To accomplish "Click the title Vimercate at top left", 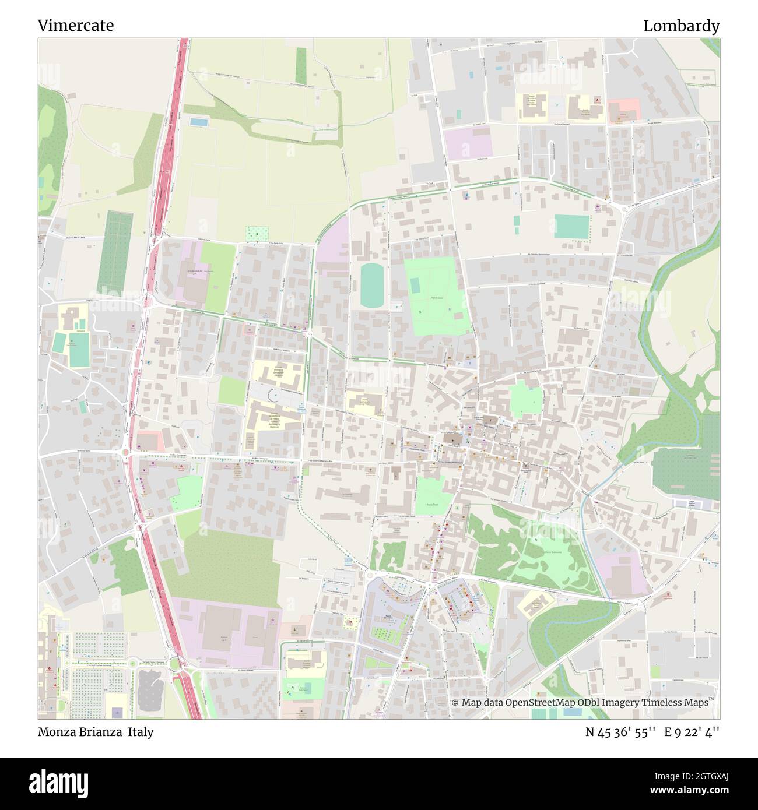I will (x=75, y=26).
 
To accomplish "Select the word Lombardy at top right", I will (x=681, y=26).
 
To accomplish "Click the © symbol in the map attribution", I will (x=455, y=703).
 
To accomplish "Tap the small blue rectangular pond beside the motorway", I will (x=198, y=122).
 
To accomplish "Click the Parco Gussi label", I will (x=438, y=297).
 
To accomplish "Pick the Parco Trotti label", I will (x=432, y=505).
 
